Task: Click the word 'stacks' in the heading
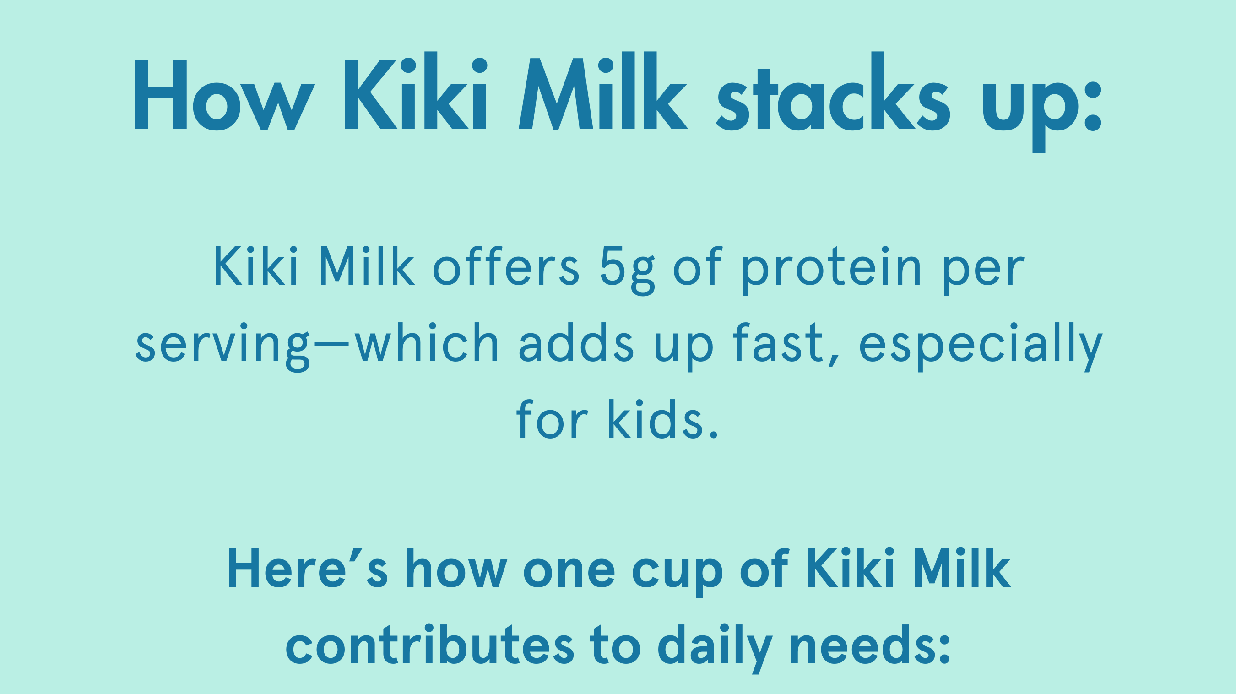click(x=833, y=91)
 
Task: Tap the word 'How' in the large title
click(x=224, y=95)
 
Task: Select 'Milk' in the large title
click(x=604, y=90)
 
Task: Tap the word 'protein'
click(x=831, y=271)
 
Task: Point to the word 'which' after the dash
click(x=427, y=342)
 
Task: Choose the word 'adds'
click(x=576, y=342)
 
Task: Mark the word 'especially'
click(x=980, y=347)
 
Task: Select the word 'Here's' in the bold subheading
click(x=308, y=568)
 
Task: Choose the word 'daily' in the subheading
click(x=715, y=649)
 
